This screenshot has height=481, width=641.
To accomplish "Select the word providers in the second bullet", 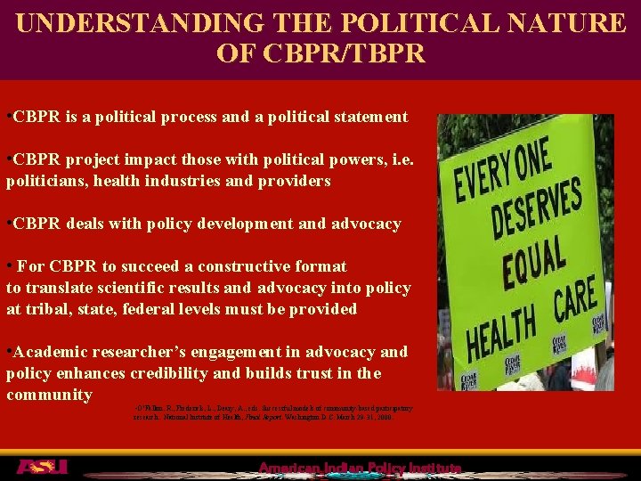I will [293, 181].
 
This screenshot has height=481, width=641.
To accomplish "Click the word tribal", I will [47, 309].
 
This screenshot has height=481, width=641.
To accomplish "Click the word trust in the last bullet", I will [299, 373].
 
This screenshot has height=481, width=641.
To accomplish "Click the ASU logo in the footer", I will [41, 467].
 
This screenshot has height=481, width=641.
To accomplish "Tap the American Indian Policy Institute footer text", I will [360, 469].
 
